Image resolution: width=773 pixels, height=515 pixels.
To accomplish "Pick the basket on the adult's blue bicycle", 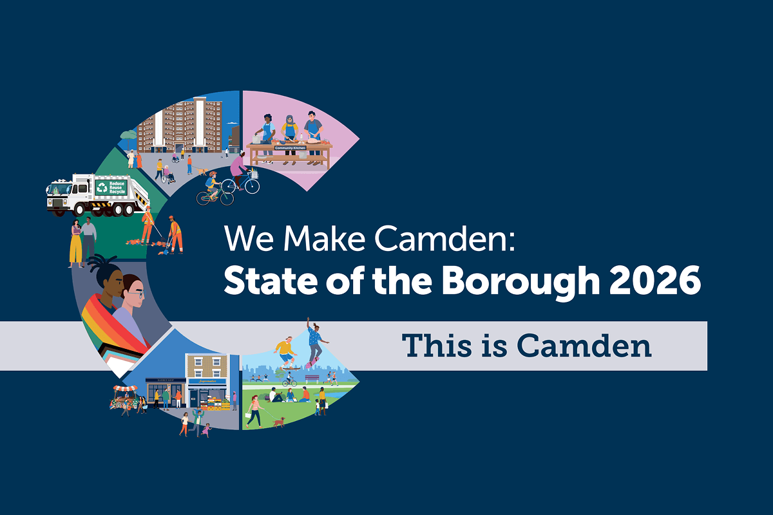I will tap(254, 174).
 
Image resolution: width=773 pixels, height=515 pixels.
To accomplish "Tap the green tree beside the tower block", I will tap(128, 136).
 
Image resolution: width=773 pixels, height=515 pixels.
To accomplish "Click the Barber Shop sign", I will tap(160, 379).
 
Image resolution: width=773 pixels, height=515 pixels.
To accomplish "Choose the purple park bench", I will tap(312, 377).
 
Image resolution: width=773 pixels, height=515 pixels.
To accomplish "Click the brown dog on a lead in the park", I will tap(279, 422).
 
